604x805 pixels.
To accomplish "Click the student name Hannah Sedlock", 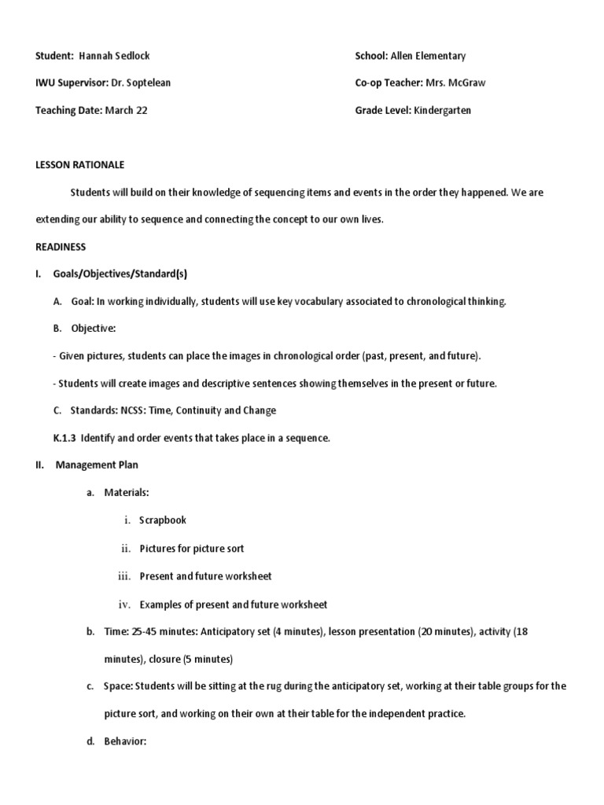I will tap(115, 56).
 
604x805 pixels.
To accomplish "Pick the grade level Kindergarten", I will tap(442, 110).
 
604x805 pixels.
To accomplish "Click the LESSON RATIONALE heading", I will tap(80, 165).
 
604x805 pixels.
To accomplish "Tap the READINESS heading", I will tap(61, 247).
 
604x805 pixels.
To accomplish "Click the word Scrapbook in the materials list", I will tap(163, 520).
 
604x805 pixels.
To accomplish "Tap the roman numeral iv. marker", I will tap(123, 605).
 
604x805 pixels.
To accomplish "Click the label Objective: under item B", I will tap(94, 329).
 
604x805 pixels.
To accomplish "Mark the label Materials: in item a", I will tap(126, 492).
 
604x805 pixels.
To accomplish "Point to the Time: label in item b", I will tap(115, 631).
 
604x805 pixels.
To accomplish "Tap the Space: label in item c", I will tap(118, 686).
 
